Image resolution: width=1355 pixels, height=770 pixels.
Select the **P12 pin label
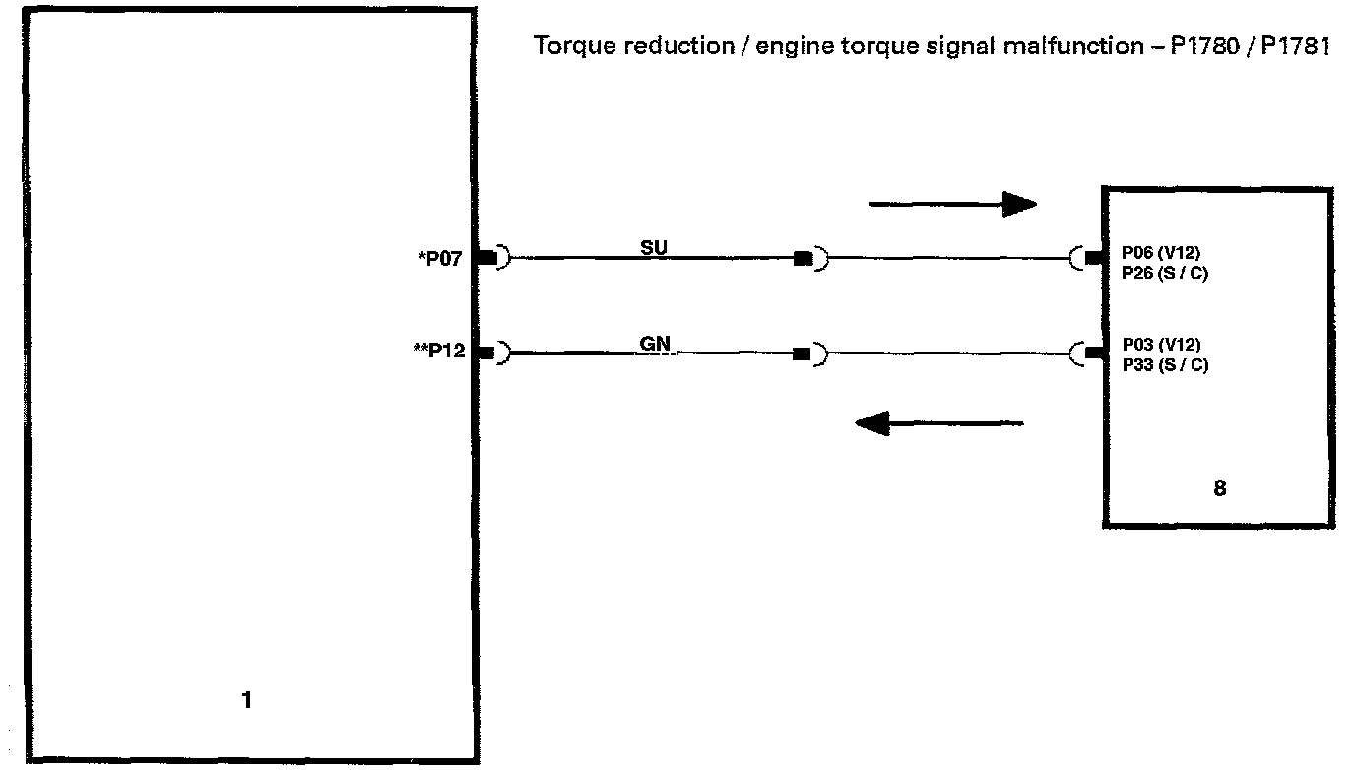coord(439,352)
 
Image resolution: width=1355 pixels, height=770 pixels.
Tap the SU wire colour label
coord(654,248)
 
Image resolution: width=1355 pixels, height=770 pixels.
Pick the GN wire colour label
coord(654,344)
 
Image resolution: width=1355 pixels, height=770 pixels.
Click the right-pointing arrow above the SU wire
coord(951,205)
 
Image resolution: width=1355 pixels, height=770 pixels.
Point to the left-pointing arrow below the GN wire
coord(939,424)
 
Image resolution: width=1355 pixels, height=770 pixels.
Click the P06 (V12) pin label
coord(1161,252)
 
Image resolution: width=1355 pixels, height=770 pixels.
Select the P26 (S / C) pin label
coord(1165,273)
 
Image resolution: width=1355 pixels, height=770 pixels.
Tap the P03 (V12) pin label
coord(1161,345)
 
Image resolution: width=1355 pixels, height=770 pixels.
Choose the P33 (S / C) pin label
coord(1165,364)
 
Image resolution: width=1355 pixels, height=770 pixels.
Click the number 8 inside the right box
coord(1219,487)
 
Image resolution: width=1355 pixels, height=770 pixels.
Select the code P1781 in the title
coord(1295,47)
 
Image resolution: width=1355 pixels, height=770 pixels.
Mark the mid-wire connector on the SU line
coord(804,259)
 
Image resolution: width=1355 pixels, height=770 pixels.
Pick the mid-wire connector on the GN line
coord(804,353)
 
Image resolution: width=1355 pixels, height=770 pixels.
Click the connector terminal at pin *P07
coord(486,258)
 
